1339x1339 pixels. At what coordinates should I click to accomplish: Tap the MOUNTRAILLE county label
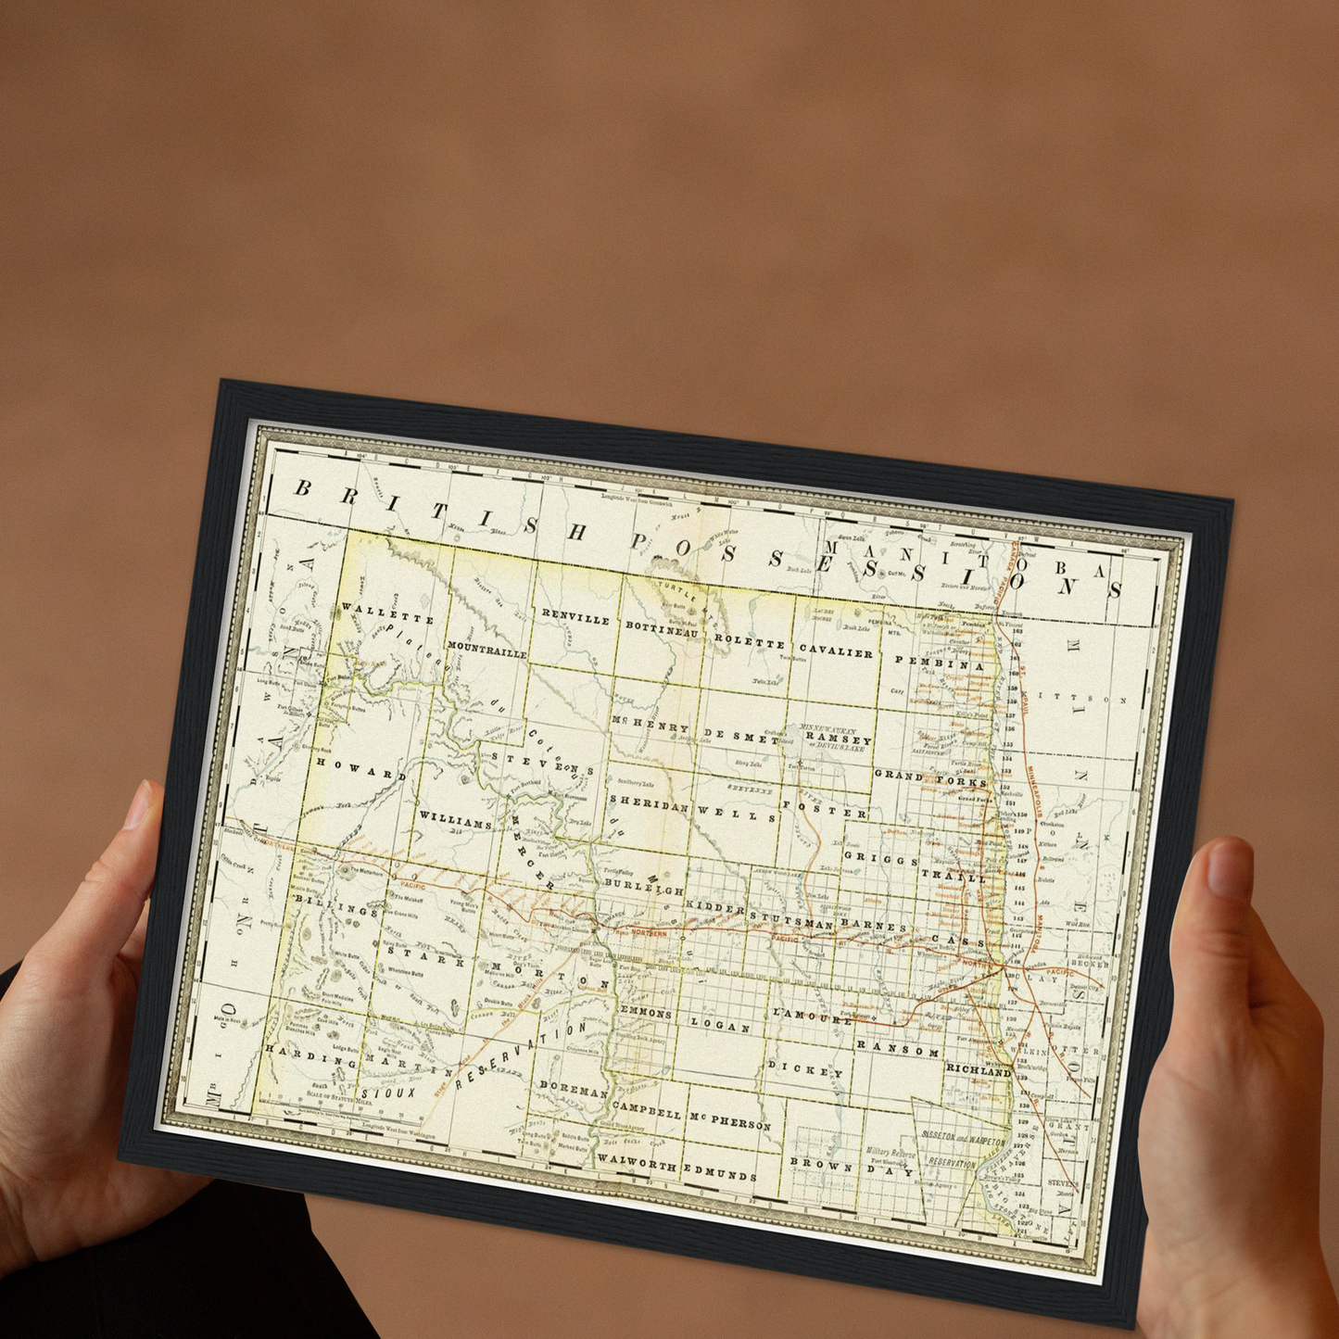click(x=486, y=649)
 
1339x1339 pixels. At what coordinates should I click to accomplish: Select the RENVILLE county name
click(x=575, y=617)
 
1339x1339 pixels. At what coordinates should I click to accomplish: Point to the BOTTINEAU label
click(x=662, y=629)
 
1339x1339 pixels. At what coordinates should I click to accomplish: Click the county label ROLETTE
click(x=750, y=641)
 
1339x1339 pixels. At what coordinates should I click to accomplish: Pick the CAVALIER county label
click(x=836, y=651)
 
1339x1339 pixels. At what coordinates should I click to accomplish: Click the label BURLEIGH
click(x=644, y=887)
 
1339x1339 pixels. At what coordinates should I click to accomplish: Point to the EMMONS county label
click(x=646, y=1012)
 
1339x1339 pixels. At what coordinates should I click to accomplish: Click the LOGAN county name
click(x=720, y=1026)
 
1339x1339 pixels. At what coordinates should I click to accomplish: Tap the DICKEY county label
click(x=805, y=1070)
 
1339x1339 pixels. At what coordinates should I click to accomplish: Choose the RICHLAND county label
click(x=978, y=1069)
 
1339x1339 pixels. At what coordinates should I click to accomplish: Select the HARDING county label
click(x=297, y=1055)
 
